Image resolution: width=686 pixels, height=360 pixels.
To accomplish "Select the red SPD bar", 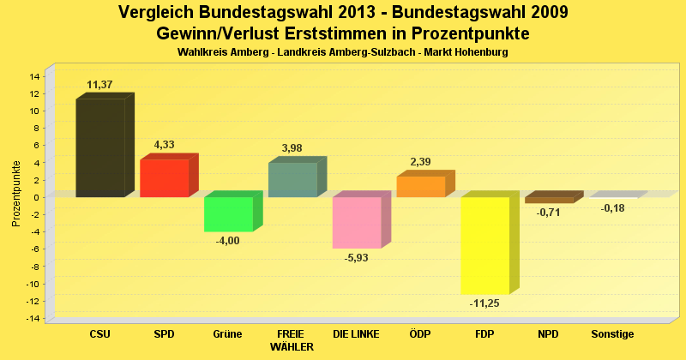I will coord(164,178).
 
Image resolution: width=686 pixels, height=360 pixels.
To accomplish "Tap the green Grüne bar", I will coord(228,214).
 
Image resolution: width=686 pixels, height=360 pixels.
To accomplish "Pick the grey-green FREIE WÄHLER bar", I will coord(292,180).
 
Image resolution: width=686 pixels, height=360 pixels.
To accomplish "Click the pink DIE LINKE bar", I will coord(357,223).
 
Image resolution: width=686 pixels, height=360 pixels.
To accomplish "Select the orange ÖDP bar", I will coord(420,187).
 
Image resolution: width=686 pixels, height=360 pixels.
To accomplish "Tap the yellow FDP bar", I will coord(484,245).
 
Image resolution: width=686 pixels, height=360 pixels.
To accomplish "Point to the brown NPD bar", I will coord(549,200).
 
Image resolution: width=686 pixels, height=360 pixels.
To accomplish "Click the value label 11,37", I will coord(100,85).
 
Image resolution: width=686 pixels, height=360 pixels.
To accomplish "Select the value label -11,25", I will coord(485,303).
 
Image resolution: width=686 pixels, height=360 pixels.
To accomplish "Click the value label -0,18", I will coord(612,208).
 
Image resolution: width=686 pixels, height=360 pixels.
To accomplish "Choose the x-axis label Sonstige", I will coord(612,334).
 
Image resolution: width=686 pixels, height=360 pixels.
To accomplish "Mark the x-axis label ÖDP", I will coord(420,334).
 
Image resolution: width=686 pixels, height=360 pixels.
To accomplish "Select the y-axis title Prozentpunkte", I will coord(16,194).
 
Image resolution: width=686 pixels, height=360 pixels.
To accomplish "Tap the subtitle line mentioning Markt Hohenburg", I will coord(343,52).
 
